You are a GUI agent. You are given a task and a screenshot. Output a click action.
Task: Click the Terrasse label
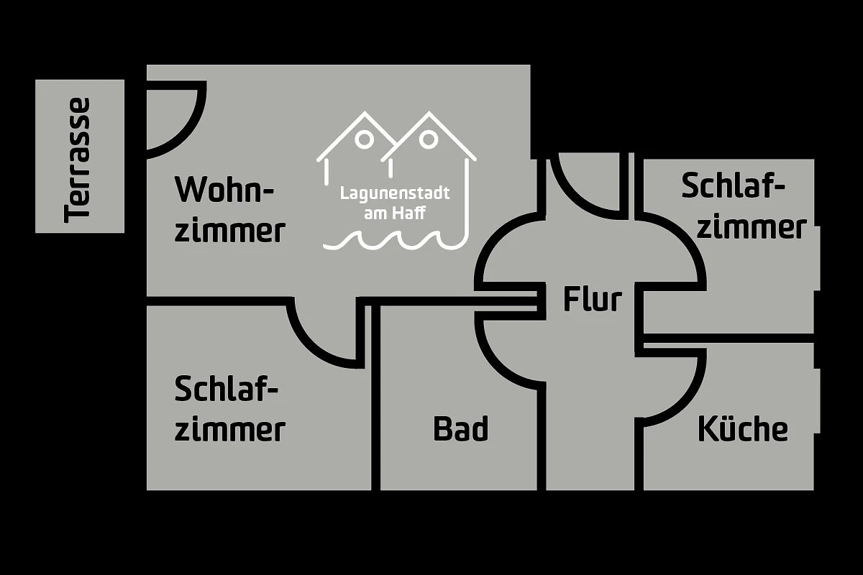click(x=77, y=160)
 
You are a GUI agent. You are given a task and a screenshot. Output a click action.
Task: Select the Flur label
click(x=593, y=298)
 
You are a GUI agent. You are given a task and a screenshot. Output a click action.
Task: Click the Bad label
click(x=461, y=428)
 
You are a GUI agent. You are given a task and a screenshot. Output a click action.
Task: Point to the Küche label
click(x=743, y=428)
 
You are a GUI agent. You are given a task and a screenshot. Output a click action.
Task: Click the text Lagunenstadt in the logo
click(x=395, y=193)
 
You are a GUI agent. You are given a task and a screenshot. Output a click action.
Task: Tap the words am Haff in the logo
click(x=395, y=213)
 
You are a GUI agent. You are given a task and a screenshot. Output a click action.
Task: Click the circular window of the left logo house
click(x=364, y=139)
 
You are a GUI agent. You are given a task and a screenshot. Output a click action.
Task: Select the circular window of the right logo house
click(x=429, y=139)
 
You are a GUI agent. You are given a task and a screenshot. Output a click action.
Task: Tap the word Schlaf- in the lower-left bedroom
click(x=226, y=389)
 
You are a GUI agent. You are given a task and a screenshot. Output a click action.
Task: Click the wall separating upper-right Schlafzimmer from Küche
click(x=729, y=338)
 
